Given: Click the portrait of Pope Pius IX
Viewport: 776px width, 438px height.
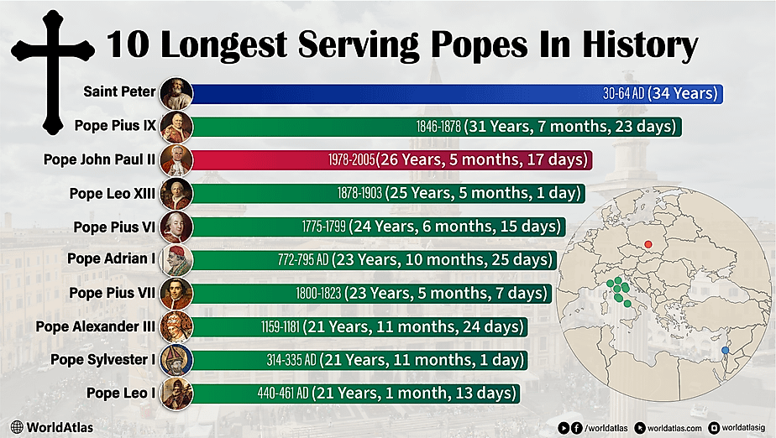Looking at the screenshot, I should pyautogui.click(x=177, y=127).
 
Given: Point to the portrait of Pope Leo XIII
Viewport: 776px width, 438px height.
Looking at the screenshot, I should pyautogui.click(x=177, y=193).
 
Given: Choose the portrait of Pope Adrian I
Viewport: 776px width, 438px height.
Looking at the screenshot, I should pyautogui.click(x=177, y=259).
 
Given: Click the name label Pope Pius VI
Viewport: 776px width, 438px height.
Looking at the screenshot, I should pyautogui.click(x=113, y=227).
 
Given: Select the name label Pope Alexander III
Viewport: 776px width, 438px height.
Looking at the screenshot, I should pyautogui.click(x=95, y=326).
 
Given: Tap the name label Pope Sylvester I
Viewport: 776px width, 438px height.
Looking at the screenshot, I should pyautogui.click(x=102, y=360).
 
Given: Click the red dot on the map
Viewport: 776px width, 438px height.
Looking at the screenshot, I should pyautogui.click(x=648, y=245).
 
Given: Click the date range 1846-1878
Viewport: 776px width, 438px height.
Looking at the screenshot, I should pyautogui.click(x=438, y=127).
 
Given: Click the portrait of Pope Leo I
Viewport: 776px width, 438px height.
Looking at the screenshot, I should pyautogui.click(x=177, y=393).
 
